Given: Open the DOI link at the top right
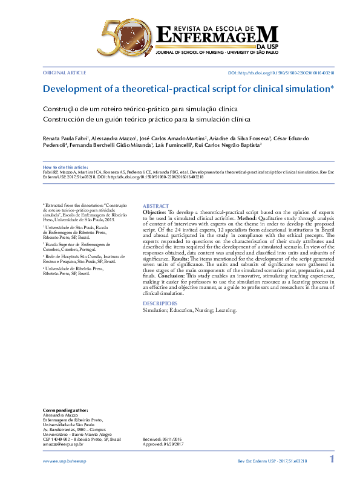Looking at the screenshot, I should click(281, 72).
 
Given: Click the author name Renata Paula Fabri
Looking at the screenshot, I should click(67, 138).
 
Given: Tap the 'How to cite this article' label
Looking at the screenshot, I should click(65, 166).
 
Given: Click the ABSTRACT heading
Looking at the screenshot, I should click(155, 206).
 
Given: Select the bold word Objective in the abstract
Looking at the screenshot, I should click(154, 213).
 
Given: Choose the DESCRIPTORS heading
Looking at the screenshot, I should click(160, 303).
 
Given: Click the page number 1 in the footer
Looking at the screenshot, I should click(332, 460).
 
